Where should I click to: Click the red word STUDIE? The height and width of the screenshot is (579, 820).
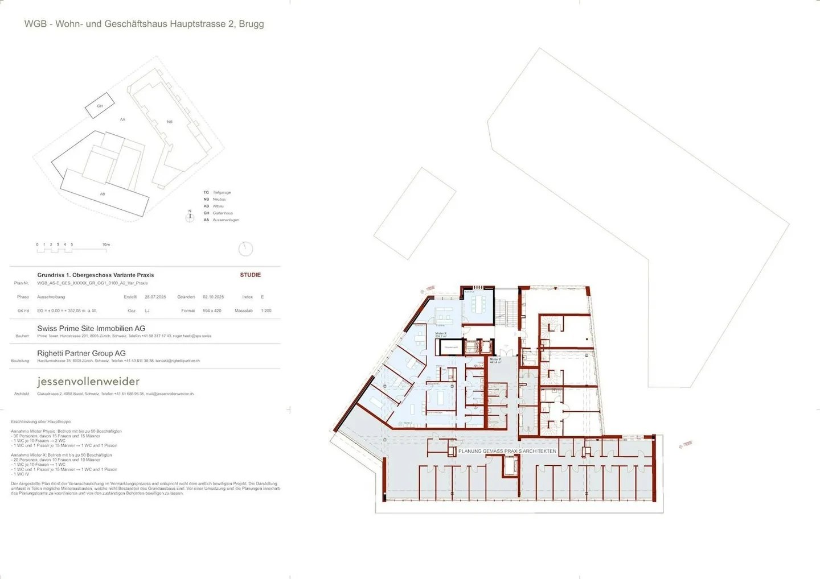(250, 275)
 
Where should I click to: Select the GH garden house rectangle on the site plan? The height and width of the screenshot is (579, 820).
(100, 106)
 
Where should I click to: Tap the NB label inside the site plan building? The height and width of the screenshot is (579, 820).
(169, 122)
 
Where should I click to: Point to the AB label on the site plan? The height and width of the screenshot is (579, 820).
(102, 194)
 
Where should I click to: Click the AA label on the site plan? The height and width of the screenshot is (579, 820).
(122, 119)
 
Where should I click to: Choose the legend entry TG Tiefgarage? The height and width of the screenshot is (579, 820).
(217, 193)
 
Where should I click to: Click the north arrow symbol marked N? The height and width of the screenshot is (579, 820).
(190, 217)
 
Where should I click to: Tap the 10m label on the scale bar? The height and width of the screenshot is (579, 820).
(106, 245)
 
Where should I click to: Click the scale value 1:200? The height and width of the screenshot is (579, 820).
(266, 311)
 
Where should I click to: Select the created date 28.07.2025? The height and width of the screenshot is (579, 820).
(155, 297)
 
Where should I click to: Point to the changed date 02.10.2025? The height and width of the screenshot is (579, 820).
(213, 297)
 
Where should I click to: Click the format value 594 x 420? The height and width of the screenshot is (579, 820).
(212, 311)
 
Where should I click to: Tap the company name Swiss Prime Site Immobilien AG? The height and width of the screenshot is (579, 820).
(91, 328)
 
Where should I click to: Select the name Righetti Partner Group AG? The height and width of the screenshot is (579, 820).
(81, 353)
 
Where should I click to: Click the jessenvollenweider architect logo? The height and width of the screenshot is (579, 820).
(88, 381)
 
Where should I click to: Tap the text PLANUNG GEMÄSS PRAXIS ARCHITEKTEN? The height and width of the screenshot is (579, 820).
(507, 451)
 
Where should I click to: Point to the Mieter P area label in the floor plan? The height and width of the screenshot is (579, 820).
(495, 361)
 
